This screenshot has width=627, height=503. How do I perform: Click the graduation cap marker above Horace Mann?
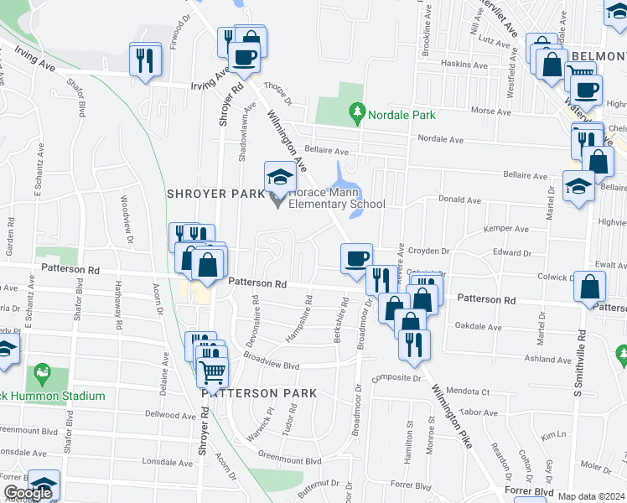click(x=280, y=177)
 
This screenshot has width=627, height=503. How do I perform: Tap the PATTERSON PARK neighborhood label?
click(x=258, y=392)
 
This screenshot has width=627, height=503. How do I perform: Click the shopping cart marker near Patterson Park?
click(x=214, y=371)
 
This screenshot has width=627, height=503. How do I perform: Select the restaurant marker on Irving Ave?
click(x=145, y=60)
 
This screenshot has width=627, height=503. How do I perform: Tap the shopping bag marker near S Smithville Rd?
click(x=590, y=288)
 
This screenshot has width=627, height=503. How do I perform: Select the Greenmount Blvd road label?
click(x=289, y=460)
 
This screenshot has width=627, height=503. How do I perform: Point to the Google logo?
click(x=28, y=493)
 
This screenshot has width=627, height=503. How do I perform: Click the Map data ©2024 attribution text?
click(x=591, y=496)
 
